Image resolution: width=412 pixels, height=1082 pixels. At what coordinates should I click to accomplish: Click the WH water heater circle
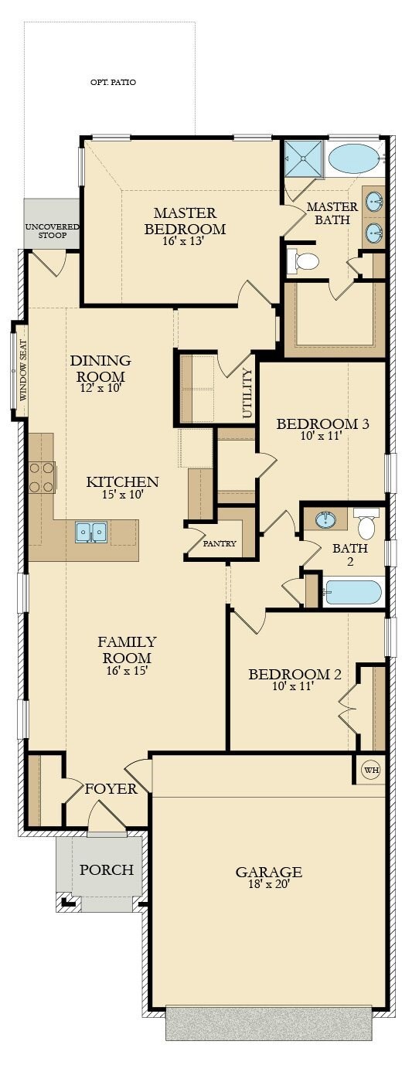pyautogui.click(x=371, y=770)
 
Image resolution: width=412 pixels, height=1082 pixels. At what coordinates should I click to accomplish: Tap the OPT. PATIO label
pyautogui.click(x=113, y=82)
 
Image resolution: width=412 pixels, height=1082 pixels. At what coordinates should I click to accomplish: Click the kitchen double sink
pyautogui.click(x=90, y=532)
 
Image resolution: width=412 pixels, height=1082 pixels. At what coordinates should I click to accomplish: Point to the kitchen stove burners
pyautogui.click(x=41, y=478)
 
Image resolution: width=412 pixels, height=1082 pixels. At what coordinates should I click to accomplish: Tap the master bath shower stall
pyautogui.click(x=303, y=159)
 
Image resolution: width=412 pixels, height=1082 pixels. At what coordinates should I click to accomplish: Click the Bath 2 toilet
pyautogui.click(x=366, y=524)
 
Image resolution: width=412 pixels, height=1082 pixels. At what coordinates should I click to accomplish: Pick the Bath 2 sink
pyautogui.click(x=327, y=519)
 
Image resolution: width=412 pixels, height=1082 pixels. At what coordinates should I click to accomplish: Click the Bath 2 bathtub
pyautogui.click(x=353, y=593)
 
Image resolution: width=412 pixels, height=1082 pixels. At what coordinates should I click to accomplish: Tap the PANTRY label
pyautogui.click(x=220, y=543)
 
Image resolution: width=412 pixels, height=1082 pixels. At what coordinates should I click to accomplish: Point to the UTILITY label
pyautogui.click(x=247, y=393)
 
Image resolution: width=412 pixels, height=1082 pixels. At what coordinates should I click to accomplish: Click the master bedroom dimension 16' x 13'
pyautogui.click(x=185, y=241)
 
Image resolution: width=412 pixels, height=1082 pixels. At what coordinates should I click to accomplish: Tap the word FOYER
pyautogui.click(x=111, y=789)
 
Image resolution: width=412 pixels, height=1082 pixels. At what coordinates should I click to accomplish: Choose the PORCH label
pyautogui.click(x=106, y=869)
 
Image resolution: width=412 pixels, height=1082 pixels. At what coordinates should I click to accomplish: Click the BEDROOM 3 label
pyautogui.click(x=322, y=424)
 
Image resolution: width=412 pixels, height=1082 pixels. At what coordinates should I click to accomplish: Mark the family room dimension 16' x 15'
pyautogui.click(x=127, y=671)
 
